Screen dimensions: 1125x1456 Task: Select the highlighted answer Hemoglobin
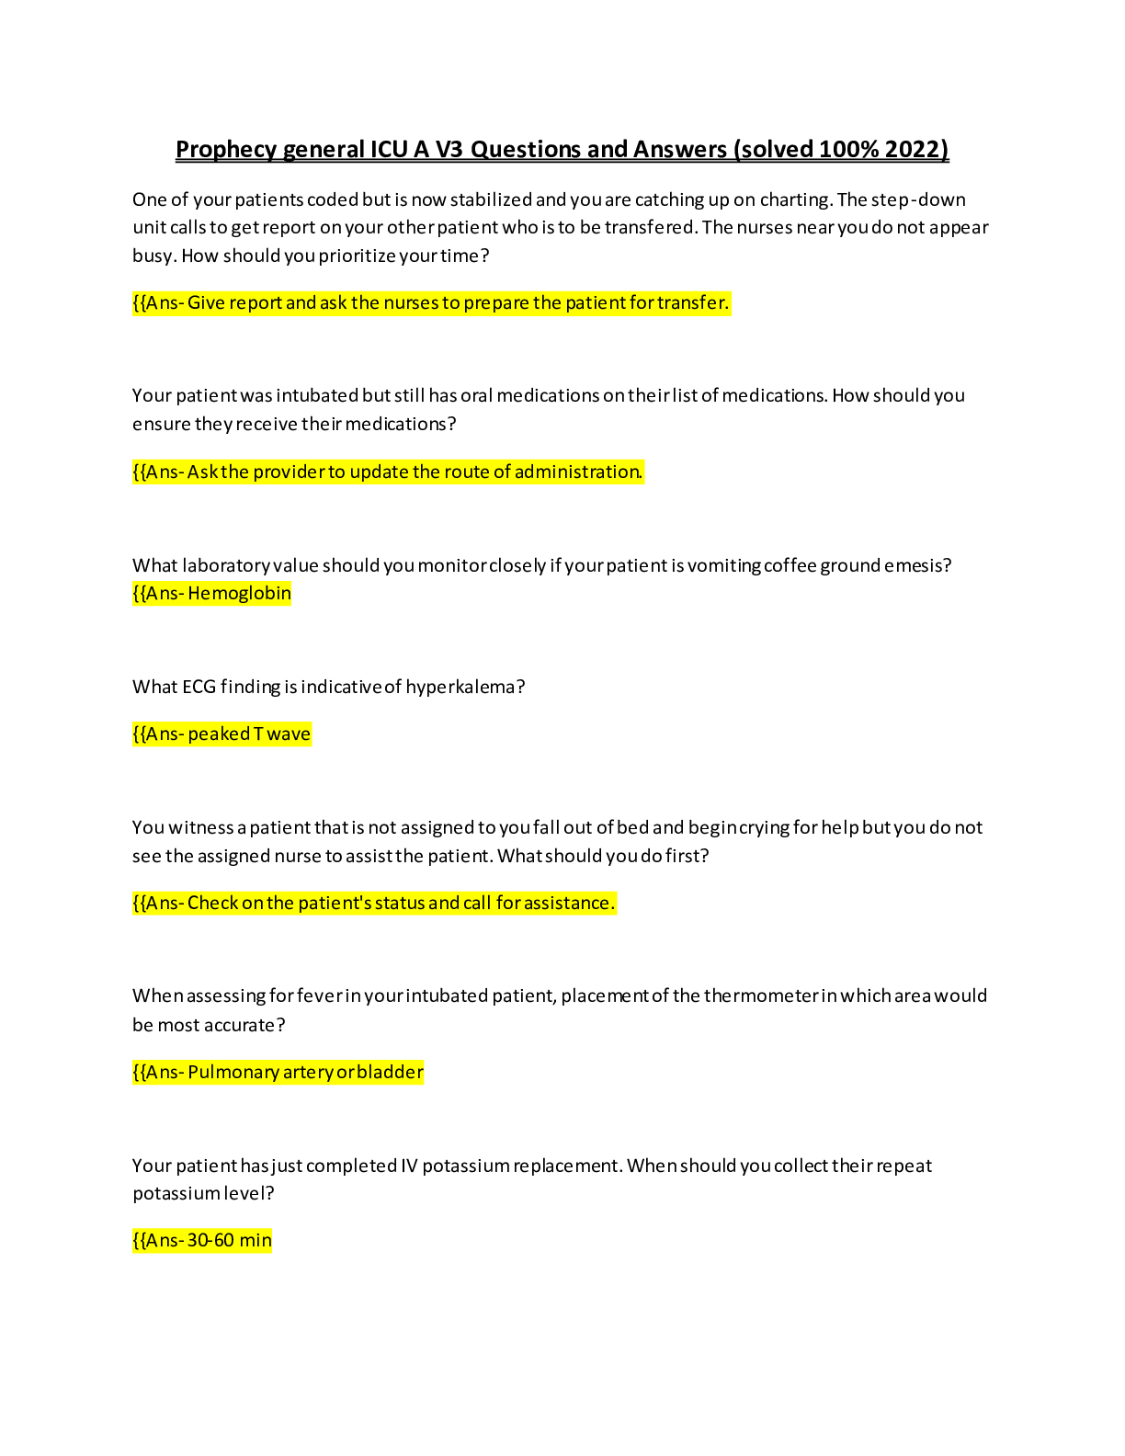click(x=239, y=593)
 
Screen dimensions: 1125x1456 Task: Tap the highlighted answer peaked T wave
click(x=249, y=734)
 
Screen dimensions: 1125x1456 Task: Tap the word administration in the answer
click(x=577, y=472)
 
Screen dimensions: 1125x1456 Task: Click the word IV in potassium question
click(x=409, y=1166)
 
